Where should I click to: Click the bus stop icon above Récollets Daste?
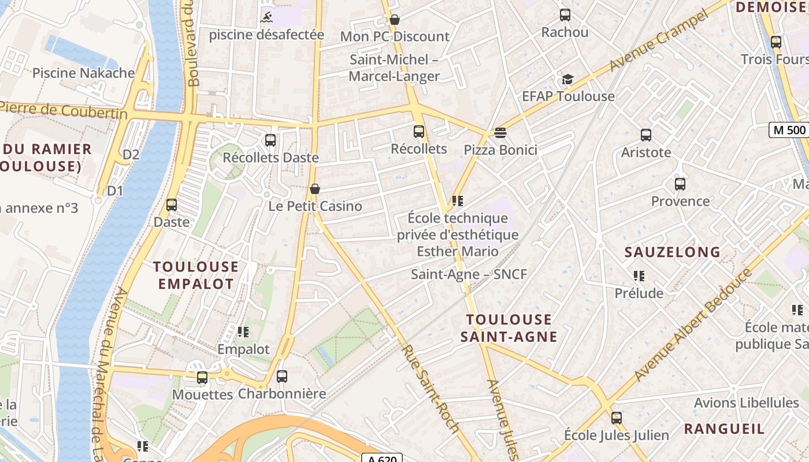(270, 140)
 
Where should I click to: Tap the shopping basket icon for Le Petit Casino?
(315, 189)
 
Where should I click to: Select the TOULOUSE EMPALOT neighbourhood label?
(196, 275)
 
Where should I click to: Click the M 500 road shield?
(789, 130)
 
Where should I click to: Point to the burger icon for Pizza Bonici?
(500, 133)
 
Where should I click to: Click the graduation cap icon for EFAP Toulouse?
(568, 79)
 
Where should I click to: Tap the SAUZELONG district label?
(673, 252)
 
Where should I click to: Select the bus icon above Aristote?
(646, 135)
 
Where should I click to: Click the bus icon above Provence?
(680, 184)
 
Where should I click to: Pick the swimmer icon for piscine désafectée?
(267, 17)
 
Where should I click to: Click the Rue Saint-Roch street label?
(431, 389)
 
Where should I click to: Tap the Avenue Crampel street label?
(658, 41)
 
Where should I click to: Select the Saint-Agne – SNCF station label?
(469, 274)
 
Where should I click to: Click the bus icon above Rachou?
(565, 15)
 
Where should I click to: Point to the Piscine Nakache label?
(83, 73)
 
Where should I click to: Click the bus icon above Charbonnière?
(282, 377)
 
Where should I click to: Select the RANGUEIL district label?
(724, 429)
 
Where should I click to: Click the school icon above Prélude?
(639, 276)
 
